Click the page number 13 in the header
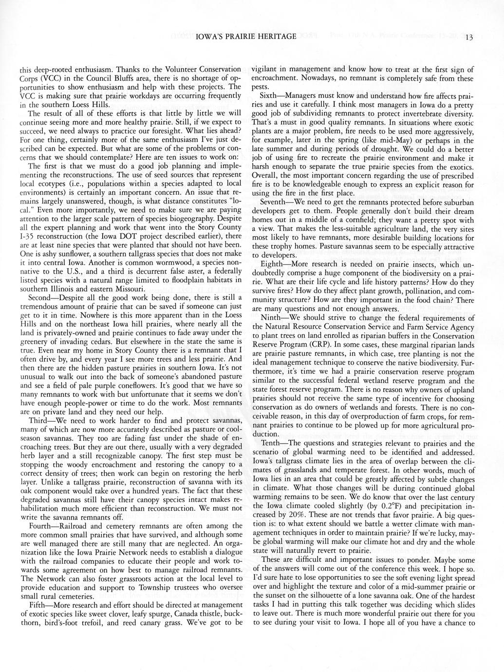click(469, 37)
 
